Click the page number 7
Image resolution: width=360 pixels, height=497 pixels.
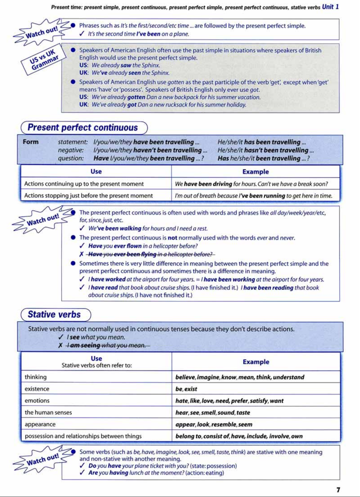(338, 490)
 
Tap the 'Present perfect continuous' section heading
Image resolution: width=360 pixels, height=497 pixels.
(83, 127)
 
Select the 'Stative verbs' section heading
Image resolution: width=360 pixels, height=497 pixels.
(54, 315)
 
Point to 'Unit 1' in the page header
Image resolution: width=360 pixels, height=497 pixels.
(330, 7)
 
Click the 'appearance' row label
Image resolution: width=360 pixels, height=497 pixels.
(40, 424)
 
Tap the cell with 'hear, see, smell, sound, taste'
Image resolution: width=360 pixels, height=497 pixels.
(212, 413)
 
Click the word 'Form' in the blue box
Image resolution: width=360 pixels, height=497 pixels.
(31, 142)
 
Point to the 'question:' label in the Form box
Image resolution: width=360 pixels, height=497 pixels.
(71, 158)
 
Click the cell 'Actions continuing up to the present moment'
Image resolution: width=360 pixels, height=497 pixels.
(84, 184)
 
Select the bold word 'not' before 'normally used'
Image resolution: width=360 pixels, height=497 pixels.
(172, 238)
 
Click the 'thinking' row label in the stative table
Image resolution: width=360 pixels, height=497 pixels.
(36, 377)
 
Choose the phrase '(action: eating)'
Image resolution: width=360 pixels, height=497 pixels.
(205, 473)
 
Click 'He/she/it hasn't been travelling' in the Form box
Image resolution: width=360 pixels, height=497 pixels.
(266, 150)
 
